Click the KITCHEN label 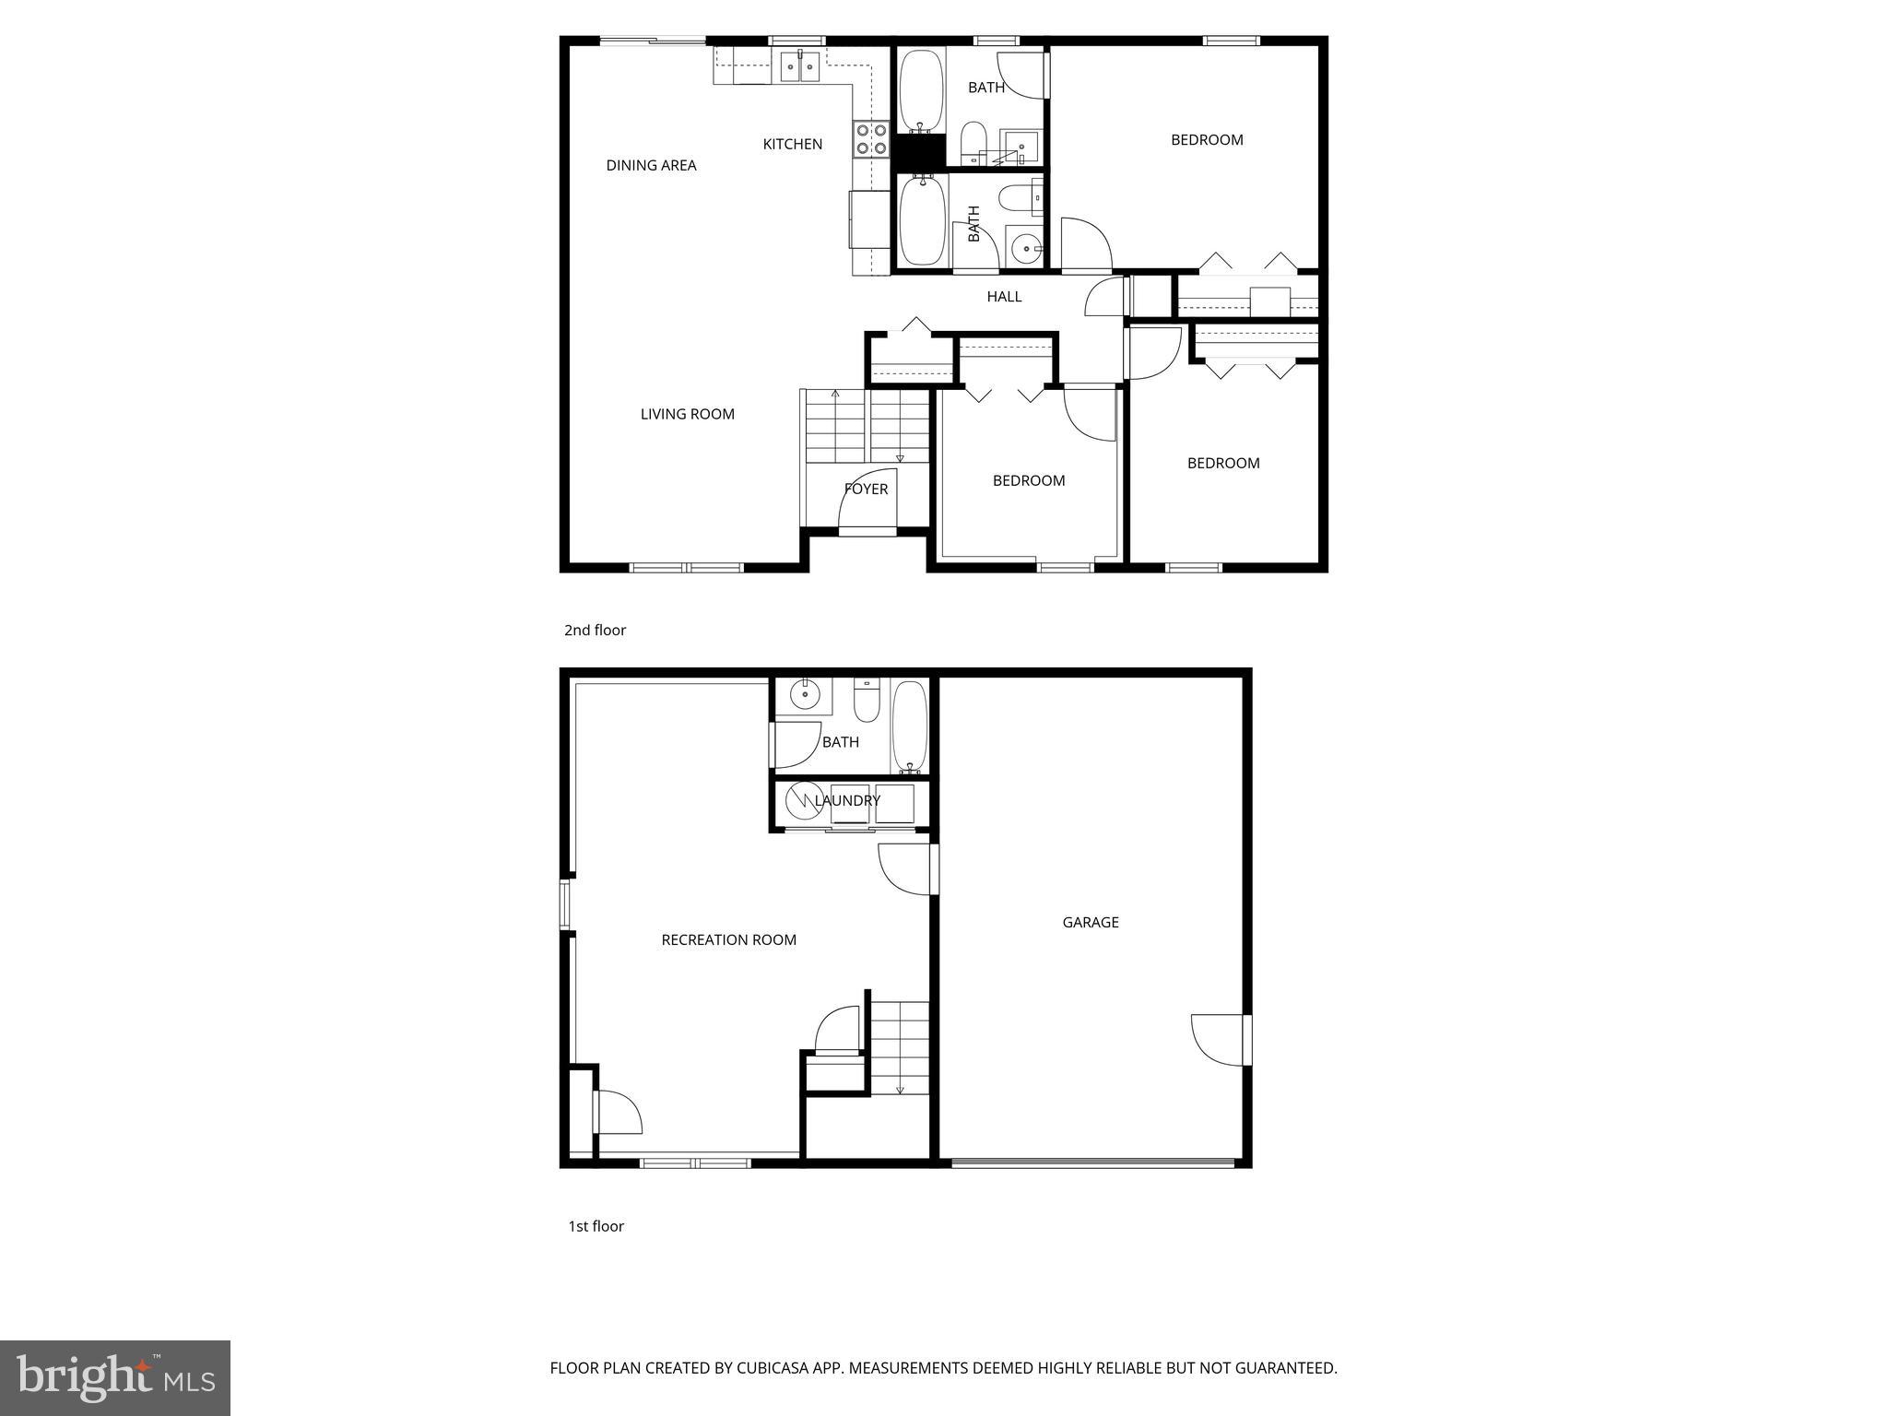pos(792,144)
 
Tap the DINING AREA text pos(651,165)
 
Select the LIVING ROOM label pos(687,414)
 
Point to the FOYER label pos(867,489)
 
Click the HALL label pos(1004,296)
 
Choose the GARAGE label pos(1091,922)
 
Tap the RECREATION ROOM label pos(728,939)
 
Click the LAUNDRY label pos(847,800)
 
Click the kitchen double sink pos(799,66)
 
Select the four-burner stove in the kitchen pos(871,138)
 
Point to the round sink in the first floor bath pos(804,693)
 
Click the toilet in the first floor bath pos(867,701)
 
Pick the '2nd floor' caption pos(595,631)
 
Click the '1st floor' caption pos(596,1226)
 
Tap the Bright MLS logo pos(115,1377)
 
